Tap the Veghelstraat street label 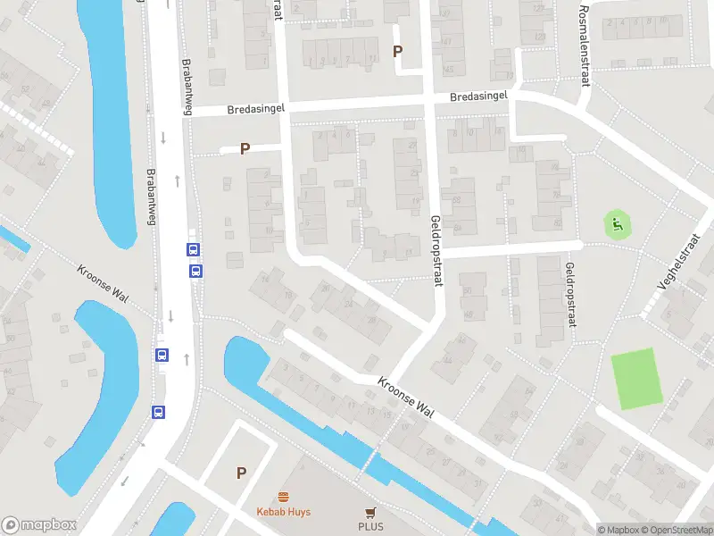pos(675,267)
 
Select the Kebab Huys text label pos(284,512)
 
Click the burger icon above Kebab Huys pos(284,497)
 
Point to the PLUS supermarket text pos(370,526)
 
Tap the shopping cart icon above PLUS pos(370,511)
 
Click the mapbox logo pos(37,525)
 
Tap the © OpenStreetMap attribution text pos(677,530)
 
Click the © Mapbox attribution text pos(618,530)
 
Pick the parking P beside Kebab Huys pos(241,473)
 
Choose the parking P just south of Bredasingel pos(245,149)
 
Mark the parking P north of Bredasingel pos(397,51)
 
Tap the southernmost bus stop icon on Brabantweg pos(158,412)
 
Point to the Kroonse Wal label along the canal pos(405,396)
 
